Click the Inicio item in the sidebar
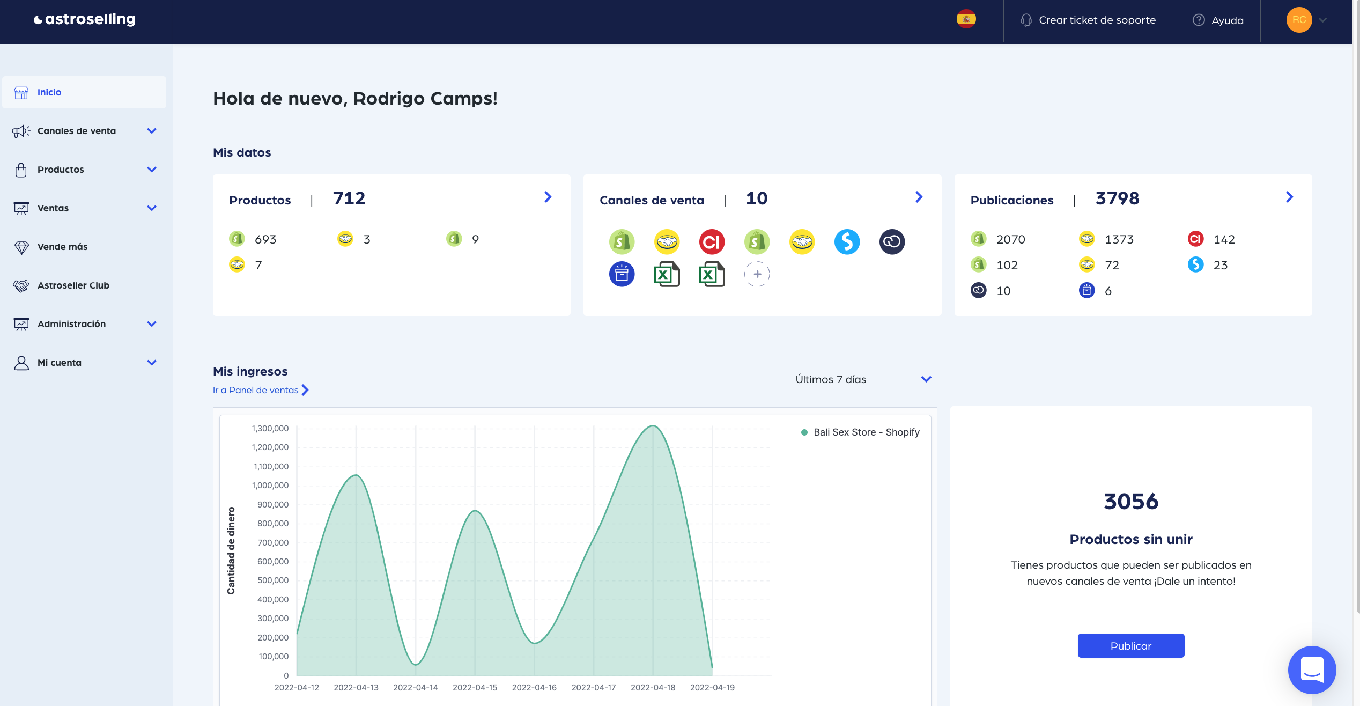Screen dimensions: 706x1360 49,92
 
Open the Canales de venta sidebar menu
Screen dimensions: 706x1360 77,131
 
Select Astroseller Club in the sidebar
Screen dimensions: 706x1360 73,285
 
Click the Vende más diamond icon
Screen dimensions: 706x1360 21,247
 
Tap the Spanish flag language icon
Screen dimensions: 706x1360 966,20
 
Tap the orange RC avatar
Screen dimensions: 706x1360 1298,20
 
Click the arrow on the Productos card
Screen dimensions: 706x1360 548,197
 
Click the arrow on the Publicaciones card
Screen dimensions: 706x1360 1289,197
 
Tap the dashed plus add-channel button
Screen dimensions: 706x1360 757,274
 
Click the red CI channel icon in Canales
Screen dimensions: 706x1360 712,242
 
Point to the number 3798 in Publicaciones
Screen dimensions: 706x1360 1117,199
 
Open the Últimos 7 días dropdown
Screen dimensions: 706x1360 860,379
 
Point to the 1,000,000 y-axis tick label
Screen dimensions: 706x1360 270,486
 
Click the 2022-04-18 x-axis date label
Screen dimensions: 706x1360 653,688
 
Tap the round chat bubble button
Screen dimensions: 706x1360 1312,670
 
